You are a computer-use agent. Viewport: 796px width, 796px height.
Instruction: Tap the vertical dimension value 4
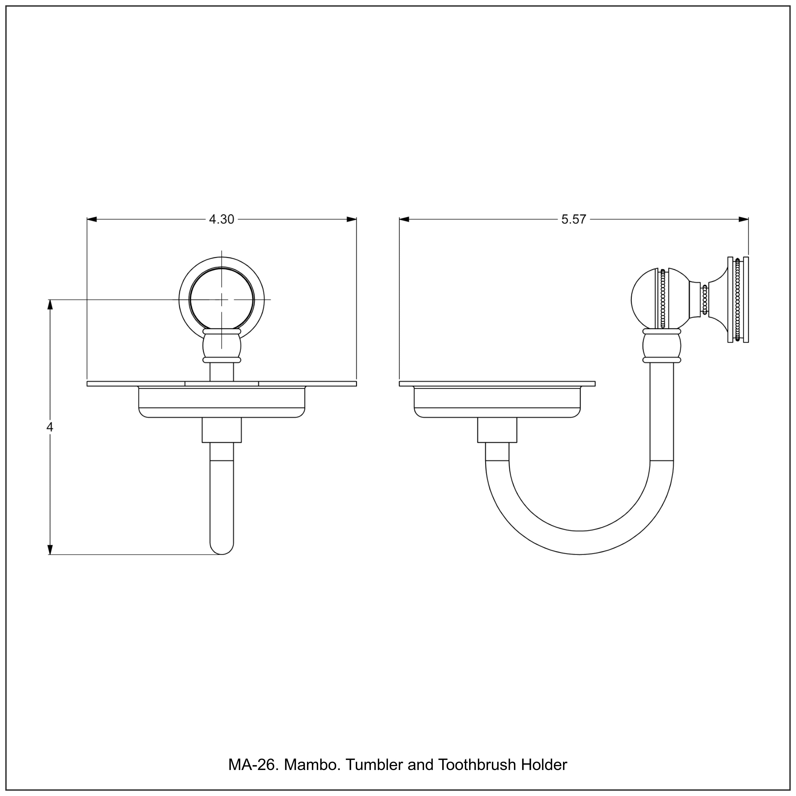pyautogui.click(x=50, y=427)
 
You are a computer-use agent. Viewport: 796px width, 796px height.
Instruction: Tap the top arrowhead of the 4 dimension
pyautogui.click(x=50, y=305)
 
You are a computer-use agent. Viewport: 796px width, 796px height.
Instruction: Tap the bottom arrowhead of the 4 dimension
pyautogui.click(x=50, y=550)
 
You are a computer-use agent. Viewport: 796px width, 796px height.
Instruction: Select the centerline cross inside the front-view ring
pyautogui.click(x=222, y=300)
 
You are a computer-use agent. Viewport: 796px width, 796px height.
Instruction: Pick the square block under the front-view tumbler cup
pyautogui.click(x=222, y=430)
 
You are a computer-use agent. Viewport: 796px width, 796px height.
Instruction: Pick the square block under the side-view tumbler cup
pyautogui.click(x=497, y=430)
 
